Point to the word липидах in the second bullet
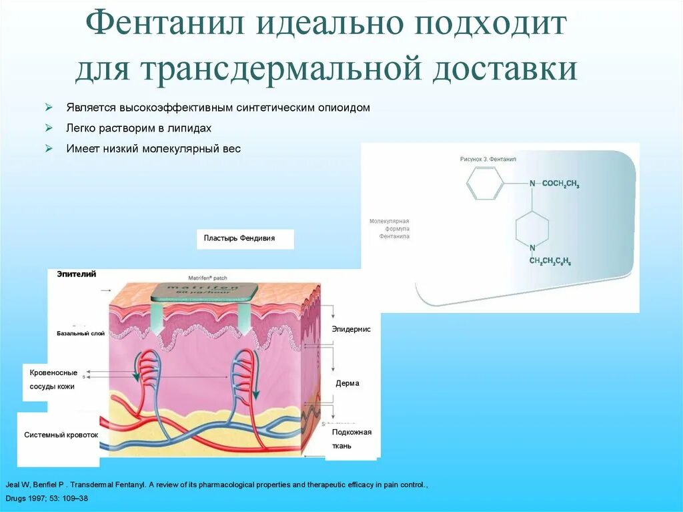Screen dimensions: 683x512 click(x=191, y=128)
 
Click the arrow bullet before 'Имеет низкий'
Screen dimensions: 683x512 click(x=49, y=149)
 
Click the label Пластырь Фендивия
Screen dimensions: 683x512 click(x=239, y=238)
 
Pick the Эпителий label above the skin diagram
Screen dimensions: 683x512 click(x=77, y=274)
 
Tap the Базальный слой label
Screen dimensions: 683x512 click(x=81, y=333)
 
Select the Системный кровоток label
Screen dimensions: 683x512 click(x=61, y=435)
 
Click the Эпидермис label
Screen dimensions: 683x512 click(x=351, y=329)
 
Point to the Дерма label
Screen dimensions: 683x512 click(x=348, y=383)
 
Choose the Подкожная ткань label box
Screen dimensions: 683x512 click(x=352, y=439)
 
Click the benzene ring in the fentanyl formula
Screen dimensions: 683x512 click(x=484, y=183)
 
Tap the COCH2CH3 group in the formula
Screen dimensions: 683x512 click(x=560, y=184)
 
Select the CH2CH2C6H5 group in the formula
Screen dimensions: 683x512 click(x=554, y=261)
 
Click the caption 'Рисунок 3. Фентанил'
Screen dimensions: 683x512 click(x=488, y=160)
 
